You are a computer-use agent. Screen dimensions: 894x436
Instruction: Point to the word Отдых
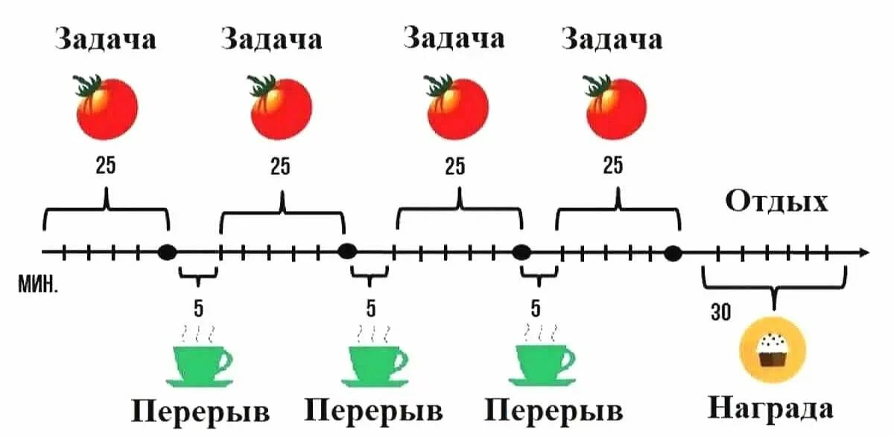click(x=776, y=202)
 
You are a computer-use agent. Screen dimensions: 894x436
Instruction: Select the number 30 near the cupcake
click(x=720, y=313)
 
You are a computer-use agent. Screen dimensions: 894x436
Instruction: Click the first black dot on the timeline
click(x=168, y=252)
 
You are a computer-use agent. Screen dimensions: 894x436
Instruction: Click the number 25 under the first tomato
click(x=106, y=165)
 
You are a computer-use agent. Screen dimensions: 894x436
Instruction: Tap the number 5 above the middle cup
click(x=370, y=307)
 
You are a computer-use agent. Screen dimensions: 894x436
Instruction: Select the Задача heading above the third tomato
click(x=454, y=37)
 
